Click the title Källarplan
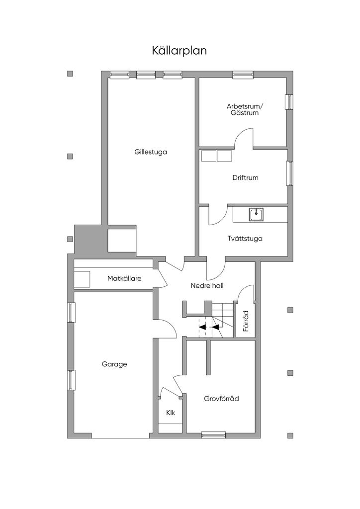pos(179,51)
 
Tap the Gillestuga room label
pos(151,152)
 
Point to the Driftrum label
pos(246,178)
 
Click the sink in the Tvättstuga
pos(256,215)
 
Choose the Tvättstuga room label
pos(245,239)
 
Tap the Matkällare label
pos(124,278)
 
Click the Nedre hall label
pos(207,286)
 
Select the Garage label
pos(114,364)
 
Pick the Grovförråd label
pos(221,399)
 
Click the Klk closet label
pos(171,413)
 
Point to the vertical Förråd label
pos(246,321)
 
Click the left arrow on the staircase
pos(202,327)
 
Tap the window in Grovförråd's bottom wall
pos(213,435)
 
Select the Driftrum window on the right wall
pos(289,173)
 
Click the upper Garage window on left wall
pos(71,313)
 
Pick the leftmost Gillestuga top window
pos(119,75)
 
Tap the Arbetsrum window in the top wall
pos(243,75)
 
